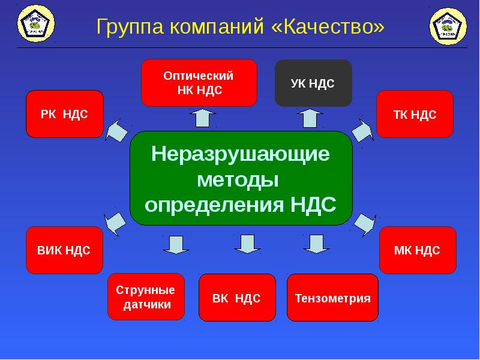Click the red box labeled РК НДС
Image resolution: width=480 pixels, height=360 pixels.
pyautogui.click(x=64, y=114)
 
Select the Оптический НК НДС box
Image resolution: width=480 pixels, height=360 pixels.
pyautogui.click(x=199, y=83)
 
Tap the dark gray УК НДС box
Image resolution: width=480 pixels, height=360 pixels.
pyautogui.click(x=313, y=83)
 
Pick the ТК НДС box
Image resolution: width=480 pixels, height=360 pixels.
pyautogui.click(x=415, y=114)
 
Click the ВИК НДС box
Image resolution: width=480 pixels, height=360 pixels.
pyautogui.click(x=64, y=250)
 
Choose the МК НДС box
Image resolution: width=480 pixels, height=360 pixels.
pyautogui.click(x=417, y=250)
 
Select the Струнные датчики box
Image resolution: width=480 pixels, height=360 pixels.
pyautogui.click(x=146, y=297)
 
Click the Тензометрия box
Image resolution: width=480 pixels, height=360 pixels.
pyautogui.click(x=333, y=298)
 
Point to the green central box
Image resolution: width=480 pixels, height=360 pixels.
pyautogui.click(x=241, y=178)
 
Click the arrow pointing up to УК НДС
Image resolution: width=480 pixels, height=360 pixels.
pyautogui.click(x=310, y=118)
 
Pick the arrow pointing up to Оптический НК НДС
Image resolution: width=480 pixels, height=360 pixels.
pyautogui.click(x=202, y=118)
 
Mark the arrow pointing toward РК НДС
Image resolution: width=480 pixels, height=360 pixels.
pyautogui.click(x=118, y=130)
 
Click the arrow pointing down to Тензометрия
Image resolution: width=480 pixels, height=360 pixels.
pyautogui.click(x=313, y=244)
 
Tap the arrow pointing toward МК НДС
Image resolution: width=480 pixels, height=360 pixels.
pyautogui.click(x=364, y=223)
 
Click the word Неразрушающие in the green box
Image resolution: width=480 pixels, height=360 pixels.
pyautogui.click(x=241, y=154)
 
